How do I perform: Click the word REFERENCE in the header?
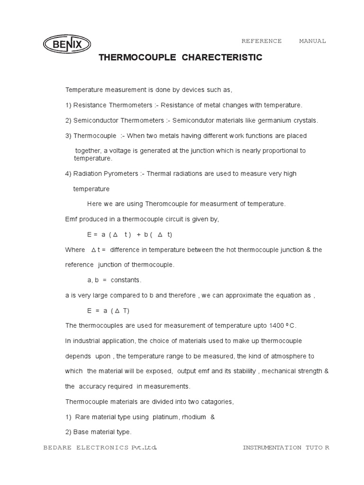(x=262, y=41)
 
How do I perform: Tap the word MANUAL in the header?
(x=312, y=41)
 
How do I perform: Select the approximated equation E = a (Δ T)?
(x=108, y=311)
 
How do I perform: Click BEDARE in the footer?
(x=57, y=448)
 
